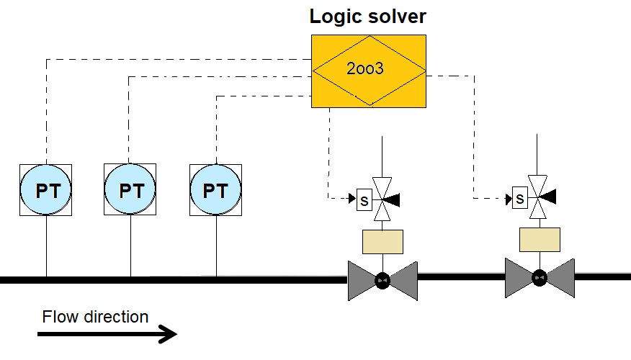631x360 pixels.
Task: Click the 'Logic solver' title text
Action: (x=367, y=16)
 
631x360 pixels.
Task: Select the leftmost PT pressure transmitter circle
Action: (x=46, y=190)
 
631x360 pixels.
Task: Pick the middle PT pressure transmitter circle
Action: (x=131, y=190)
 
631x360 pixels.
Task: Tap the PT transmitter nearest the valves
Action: (x=215, y=190)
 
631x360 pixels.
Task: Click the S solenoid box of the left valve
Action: (x=364, y=200)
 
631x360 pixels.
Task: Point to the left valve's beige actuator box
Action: (x=382, y=241)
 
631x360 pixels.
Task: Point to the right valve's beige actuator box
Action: (x=540, y=240)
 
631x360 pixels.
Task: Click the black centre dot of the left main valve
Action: (x=382, y=279)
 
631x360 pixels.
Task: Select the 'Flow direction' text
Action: (x=95, y=317)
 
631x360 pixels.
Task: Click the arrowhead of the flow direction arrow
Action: (x=170, y=334)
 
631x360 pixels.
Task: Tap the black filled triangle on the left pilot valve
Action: (x=393, y=198)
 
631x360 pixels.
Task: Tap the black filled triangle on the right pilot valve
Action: (x=549, y=196)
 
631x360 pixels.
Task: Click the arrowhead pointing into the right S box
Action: (x=509, y=196)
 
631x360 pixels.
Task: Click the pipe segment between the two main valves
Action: (x=461, y=276)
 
